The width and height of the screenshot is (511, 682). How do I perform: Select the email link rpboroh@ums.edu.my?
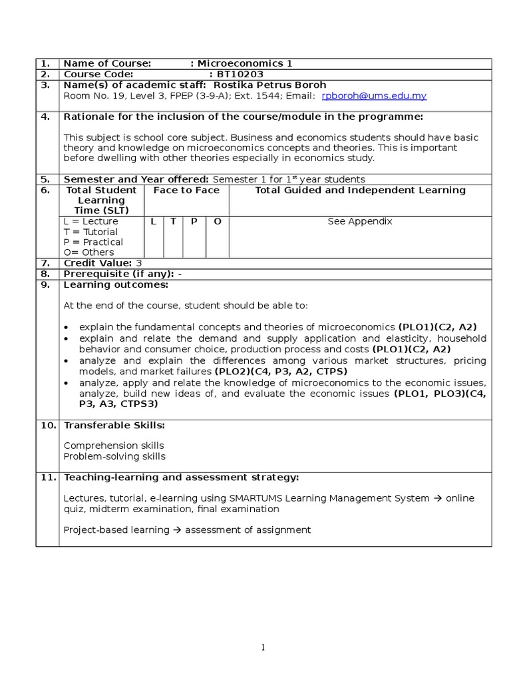pyautogui.click(x=373, y=96)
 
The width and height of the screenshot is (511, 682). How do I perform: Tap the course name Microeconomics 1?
pyautogui.click(x=245, y=64)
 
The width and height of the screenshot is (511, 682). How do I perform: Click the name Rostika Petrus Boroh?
pyautogui.click(x=269, y=85)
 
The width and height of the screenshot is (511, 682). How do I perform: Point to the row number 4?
pyautogui.click(x=45, y=117)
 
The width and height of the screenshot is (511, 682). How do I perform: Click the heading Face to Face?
pyautogui.click(x=186, y=190)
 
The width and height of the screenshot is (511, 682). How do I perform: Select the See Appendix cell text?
pyautogui.click(x=360, y=221)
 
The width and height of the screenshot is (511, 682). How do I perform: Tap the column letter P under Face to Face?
pyautogui.click(x=194, y=221)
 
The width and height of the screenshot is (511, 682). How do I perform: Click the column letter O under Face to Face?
pyautogui.click(x=217, y=221)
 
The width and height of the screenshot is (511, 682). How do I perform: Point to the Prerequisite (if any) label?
pyautogui.click(x=118, y=274)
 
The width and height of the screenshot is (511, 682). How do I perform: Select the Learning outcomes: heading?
pyautogui.click(x=116, y=284)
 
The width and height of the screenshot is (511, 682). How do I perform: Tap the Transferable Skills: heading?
pyautogui.click(x=114, y=425)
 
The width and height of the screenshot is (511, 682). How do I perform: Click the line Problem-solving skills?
pyautogui.click(x=114, y=456)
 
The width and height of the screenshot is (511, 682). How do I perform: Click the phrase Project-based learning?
pyautogui.click(x=116, y=530)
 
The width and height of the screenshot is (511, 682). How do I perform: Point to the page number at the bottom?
pyautogui.click(x=263, y=647)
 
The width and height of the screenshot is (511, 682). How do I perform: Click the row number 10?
pyautogui.click(x=47, y=425)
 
